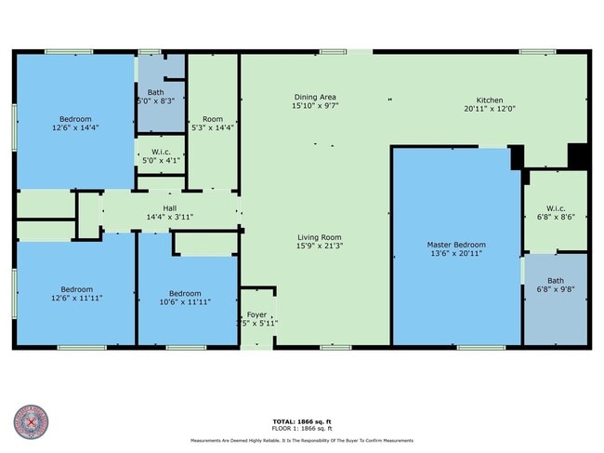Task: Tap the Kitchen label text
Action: click(x=490, y=100)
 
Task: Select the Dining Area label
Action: click(x=315, y=97)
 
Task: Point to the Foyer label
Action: click(x=256, y=314)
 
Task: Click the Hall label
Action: click(x=169, y=208)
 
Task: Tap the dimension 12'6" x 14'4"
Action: click(x=75, y=127)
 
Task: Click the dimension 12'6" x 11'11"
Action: click(x=75, y=298)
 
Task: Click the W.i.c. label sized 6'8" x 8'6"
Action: click(x=556, y=207)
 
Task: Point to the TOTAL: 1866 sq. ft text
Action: click(x=302, y=421)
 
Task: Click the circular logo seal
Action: click(x=31, y=422)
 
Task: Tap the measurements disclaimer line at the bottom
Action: click(x=302, y=441)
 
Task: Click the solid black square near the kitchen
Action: click(x=578, y=155)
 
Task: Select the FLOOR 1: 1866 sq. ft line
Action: click(x=302, y=428)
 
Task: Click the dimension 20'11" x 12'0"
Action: click(x=490, y=108)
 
